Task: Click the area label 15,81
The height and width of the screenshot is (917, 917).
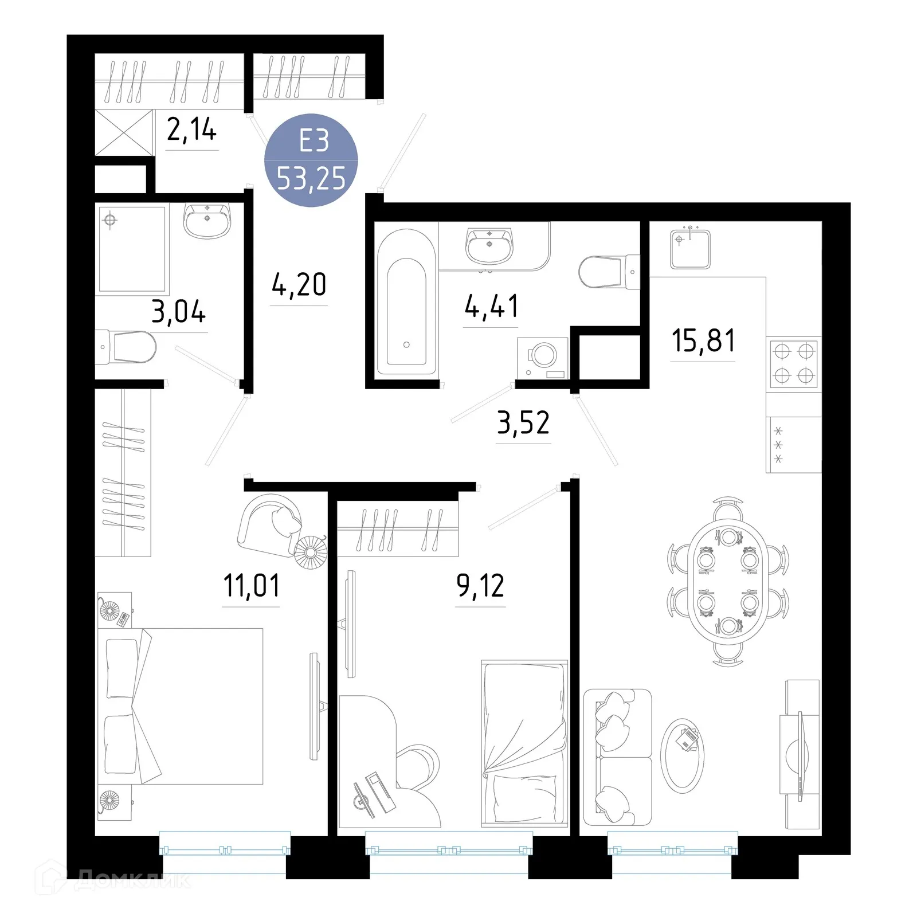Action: (703, 340)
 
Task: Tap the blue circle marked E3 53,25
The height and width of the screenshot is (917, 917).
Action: (311, 160)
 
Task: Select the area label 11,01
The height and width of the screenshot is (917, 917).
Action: (251, 586)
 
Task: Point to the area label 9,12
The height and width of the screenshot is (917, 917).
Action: (480, 586)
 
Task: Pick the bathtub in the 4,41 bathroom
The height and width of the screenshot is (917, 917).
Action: (406, 303)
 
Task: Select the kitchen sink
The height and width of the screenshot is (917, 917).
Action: (690, 248)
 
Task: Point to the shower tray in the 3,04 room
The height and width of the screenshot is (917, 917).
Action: (132, 249)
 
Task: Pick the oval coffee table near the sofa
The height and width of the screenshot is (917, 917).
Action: (683, 755)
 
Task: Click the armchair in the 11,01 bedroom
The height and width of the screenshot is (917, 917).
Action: (269, 523)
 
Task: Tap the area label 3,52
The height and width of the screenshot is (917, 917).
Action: (523, 423)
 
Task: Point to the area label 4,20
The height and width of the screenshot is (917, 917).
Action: (299, 285)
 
